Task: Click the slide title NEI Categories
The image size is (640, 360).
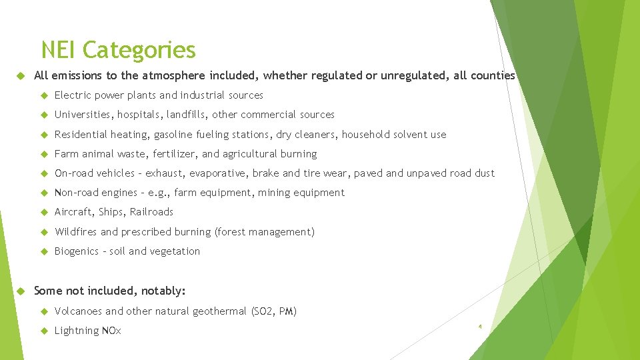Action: coord(118,50)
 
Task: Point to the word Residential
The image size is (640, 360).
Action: coord(81,135)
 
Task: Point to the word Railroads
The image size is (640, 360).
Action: coord(151,212)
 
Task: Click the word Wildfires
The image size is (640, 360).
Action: coord(76,232)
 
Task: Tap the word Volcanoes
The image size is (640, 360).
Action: coord(79,311)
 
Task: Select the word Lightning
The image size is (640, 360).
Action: coord(76,331)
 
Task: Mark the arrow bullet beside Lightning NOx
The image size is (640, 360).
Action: coord(44,331)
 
